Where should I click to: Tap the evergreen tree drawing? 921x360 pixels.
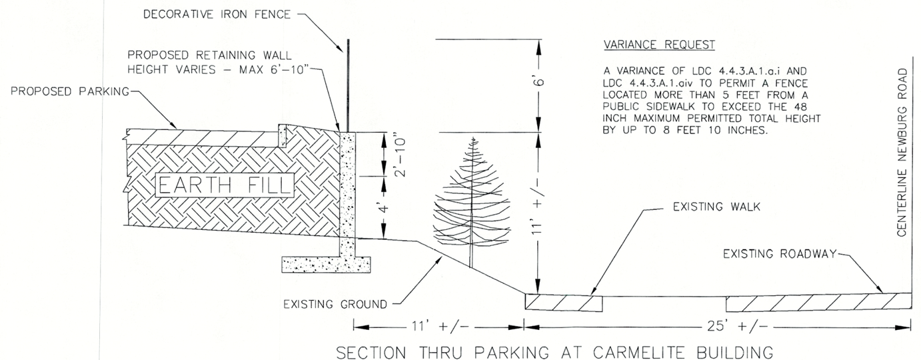click(471, 200)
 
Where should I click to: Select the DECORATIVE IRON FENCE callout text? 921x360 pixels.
click(217, 15)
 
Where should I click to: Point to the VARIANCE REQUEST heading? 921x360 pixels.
click(658, 45)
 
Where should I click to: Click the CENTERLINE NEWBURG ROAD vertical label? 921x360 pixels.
click(902, 151)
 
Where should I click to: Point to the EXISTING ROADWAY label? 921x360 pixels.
click(778, 253)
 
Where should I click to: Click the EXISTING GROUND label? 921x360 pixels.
click(335, 305)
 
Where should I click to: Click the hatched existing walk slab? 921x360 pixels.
click(563, 302)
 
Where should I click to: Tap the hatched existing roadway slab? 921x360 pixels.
click(818, 302)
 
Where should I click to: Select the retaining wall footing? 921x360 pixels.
click(326, 265)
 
